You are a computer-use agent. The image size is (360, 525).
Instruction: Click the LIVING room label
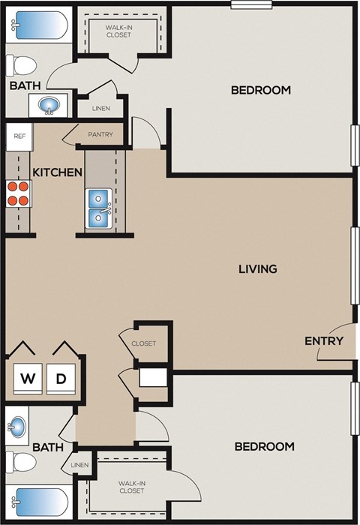[258, 268]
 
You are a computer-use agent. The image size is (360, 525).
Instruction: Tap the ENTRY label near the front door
[324, 340]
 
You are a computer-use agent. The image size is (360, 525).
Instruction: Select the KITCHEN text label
[57, 172]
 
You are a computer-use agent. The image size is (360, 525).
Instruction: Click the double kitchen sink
[100, 208]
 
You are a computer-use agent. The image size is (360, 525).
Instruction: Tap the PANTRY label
[100, 135]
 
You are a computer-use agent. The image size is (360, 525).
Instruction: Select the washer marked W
[28, 379]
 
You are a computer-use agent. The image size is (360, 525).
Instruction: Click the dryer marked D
[62, 379]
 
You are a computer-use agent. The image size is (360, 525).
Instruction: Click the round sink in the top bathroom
[49, 106]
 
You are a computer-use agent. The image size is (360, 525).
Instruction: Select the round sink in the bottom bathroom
[17, 427]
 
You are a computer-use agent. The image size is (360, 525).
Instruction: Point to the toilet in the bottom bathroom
[20, 462]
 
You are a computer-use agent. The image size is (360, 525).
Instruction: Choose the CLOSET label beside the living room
[143, 343]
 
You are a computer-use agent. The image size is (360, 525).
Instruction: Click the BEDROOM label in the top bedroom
[260, 90]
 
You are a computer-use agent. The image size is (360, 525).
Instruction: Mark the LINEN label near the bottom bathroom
[79, 465]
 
